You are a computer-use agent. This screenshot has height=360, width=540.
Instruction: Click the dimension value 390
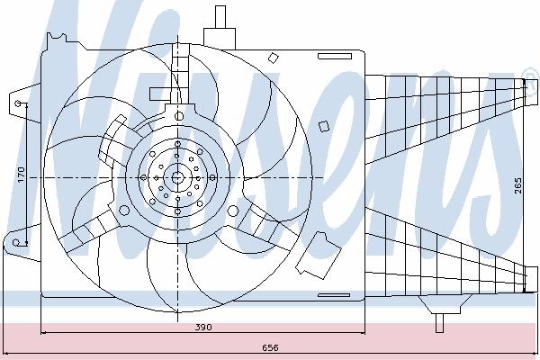point(203,327)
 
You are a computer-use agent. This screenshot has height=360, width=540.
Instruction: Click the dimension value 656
point(270,347)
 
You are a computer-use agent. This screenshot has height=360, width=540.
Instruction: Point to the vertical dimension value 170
point(22,175)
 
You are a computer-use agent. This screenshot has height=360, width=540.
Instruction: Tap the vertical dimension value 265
point(517,185)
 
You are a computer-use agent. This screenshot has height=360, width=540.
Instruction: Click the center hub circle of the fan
point(177,178)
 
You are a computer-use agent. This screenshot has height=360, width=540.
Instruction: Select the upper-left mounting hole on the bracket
point(18,103)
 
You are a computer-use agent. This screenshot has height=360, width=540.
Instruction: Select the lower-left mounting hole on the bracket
point(16,242)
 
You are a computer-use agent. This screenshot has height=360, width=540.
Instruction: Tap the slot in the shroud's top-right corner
point(335,56)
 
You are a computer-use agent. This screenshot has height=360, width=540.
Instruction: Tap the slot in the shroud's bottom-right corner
point(334,295)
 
